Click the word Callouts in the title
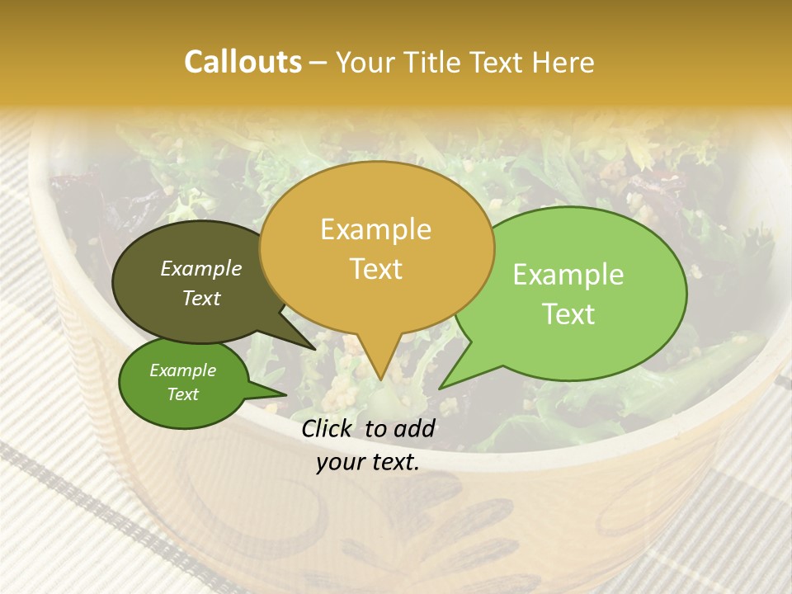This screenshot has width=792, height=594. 243,62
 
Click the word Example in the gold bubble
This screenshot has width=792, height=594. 376,229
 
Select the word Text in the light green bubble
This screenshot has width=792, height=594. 568,313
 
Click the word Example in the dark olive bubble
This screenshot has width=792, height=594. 201,268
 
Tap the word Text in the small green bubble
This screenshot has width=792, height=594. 182,394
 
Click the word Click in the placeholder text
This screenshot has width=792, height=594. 328,428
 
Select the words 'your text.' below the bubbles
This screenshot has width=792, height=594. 368,462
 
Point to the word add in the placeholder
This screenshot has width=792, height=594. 414,428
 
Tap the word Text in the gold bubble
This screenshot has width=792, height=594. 376,269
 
